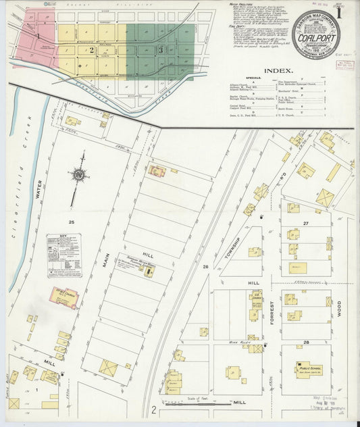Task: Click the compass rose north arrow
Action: point(78,175)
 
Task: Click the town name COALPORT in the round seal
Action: point(315,38)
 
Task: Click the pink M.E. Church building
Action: point(63,297)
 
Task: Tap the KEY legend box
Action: point(63,255)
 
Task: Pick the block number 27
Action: point(305,222)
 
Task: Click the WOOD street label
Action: point(338,308)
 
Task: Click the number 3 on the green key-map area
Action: point(160,50)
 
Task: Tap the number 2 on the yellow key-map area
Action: point(91,50)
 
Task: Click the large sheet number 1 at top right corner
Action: point(348,11)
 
